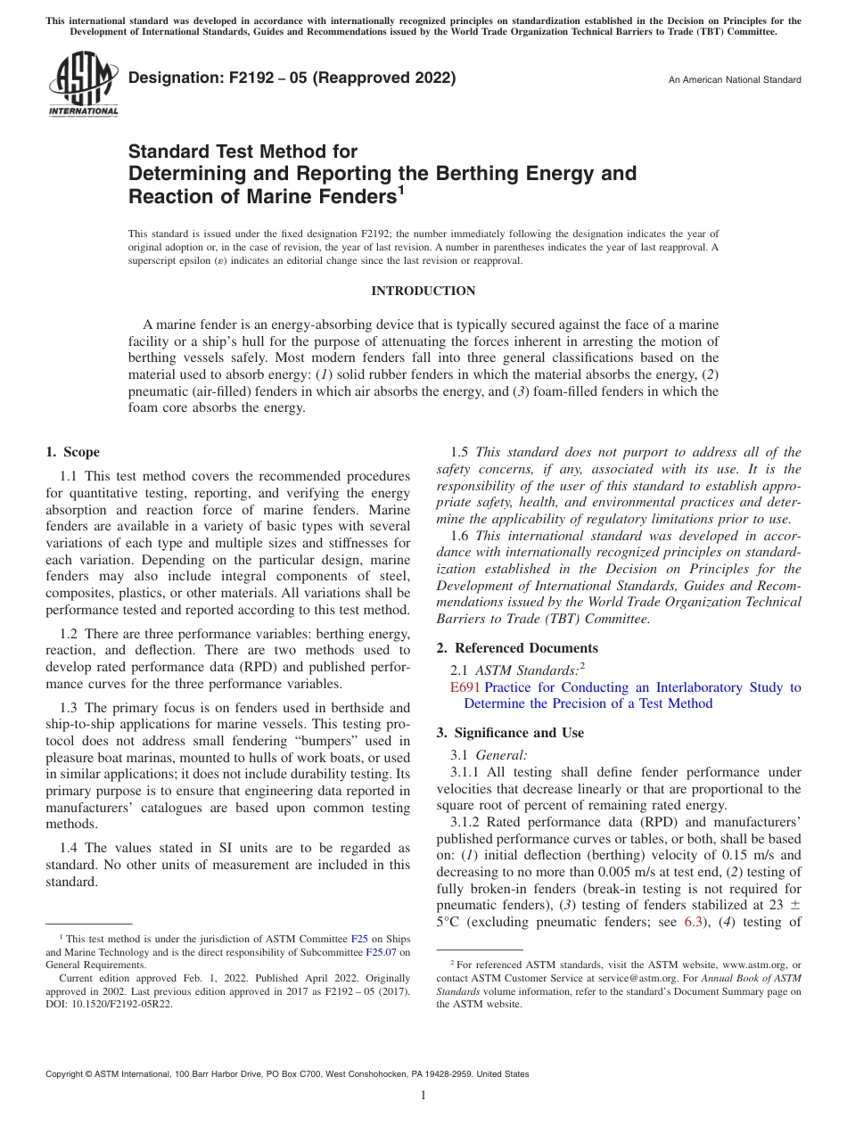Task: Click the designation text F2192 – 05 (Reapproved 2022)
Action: pos(292,78)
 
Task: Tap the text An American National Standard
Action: pos(735,80)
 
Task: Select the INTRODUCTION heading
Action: pos(423,292)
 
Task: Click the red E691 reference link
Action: pos(465,687)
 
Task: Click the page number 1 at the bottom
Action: pos(423,1097)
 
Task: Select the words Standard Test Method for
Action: pos(243,152)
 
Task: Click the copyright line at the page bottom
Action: pos(287,1074)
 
